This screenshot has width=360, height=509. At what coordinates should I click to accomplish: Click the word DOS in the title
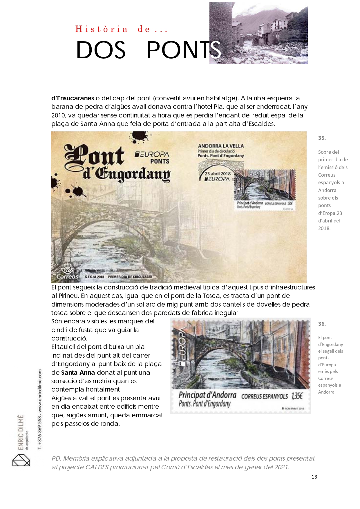(x=101, y=50)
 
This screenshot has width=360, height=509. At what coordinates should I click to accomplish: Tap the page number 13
(x=314, y=477)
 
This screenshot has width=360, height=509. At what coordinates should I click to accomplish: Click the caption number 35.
(x=322, y=138)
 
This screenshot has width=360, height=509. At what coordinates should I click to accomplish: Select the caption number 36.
(x=322, y=324)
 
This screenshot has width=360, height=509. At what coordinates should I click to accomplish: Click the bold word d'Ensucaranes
(x=73, y=98)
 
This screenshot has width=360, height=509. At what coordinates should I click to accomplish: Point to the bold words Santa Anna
(x=78, y=373)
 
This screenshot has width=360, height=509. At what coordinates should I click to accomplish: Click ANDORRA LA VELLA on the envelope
(x=221, y=146)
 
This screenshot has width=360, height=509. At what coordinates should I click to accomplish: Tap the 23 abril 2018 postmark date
(x=218, y=174)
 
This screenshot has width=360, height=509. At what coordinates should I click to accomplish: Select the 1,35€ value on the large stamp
(x=297, y=396)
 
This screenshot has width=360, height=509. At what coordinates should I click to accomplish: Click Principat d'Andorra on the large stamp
(x=207, y=395)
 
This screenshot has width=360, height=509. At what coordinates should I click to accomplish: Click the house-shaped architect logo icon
(x=21, y=460)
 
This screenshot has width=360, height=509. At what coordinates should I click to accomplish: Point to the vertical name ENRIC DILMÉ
(x=21, y=432)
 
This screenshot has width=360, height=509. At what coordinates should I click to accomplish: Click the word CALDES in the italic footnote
(x=97, y=467)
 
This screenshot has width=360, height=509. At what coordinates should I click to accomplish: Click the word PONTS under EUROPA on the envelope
(x=160, y=161)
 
